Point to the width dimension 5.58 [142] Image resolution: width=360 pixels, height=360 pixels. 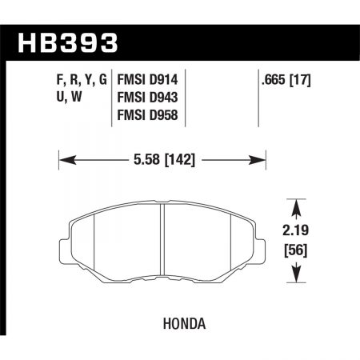pyautogui.click(x=163, y=160)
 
